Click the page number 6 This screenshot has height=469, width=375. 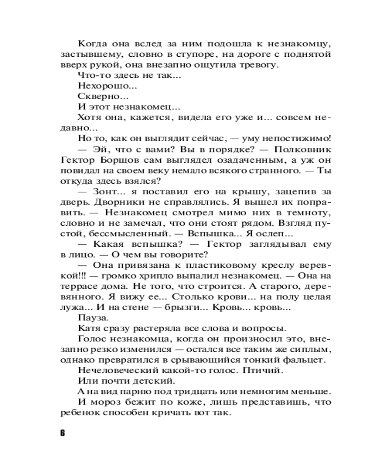coord(62,432)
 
